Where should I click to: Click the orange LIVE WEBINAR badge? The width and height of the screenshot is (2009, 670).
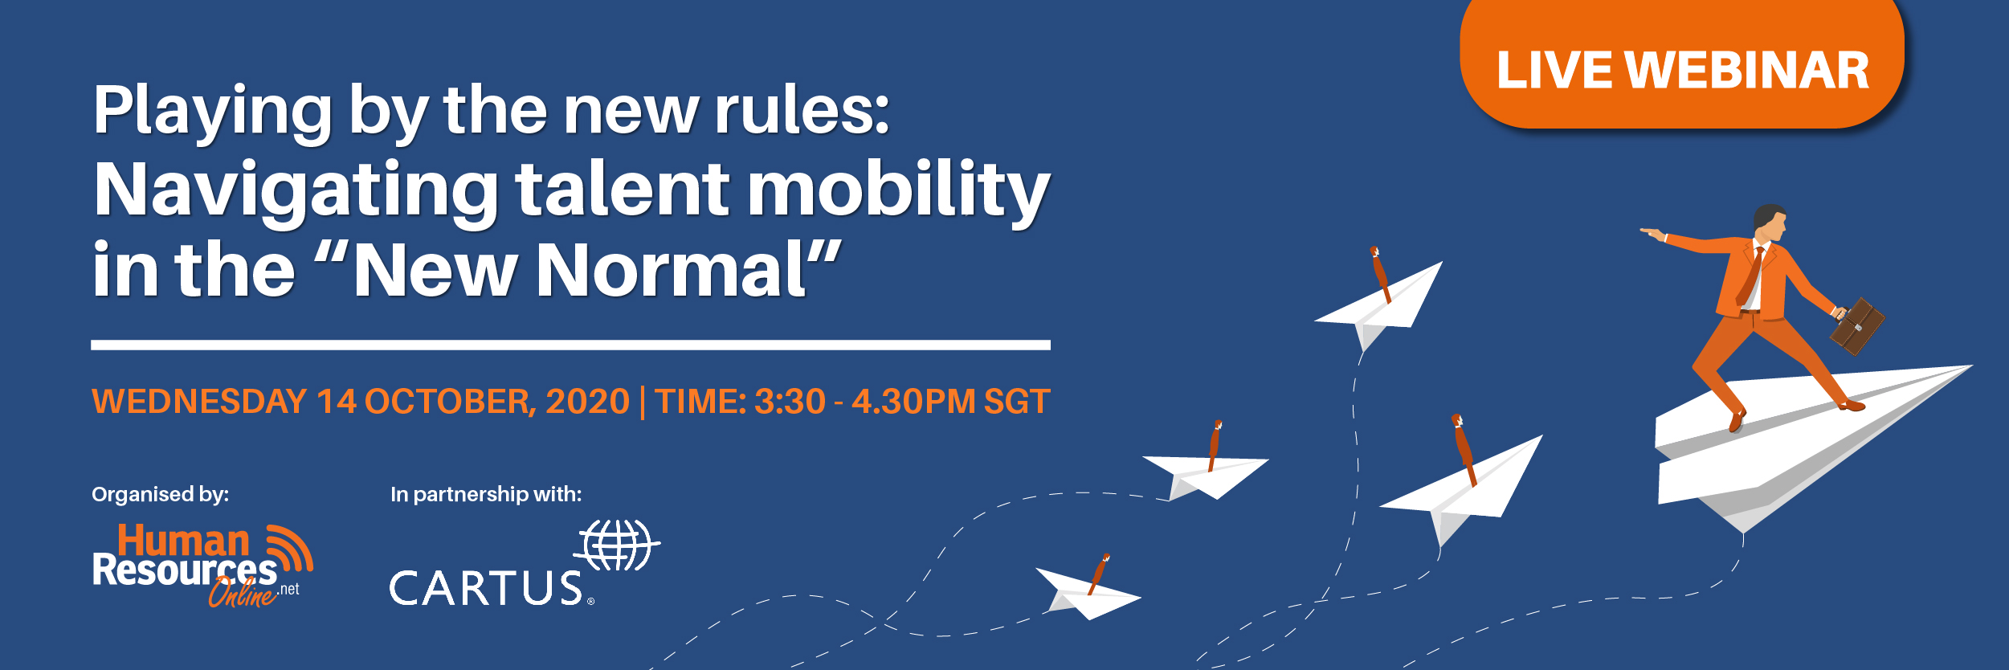tap(1682, 64)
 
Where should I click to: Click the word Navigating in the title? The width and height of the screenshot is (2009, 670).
tap(296, 191)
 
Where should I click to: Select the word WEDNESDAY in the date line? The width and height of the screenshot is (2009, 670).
tap(199, 402)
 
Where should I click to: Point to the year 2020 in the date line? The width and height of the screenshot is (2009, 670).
tap(587, 402)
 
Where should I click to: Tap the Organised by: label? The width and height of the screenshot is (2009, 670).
tap(161, 495)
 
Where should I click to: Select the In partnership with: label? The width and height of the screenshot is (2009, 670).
tap(486, 494)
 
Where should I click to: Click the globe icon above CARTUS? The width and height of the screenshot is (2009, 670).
tap(617, 545)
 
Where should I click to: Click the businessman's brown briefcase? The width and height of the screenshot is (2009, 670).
tap(1856, 325)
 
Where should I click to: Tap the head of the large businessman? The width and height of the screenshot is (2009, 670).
tap(1770, 223)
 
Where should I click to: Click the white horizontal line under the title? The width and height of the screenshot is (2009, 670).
tap(570, 345)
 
